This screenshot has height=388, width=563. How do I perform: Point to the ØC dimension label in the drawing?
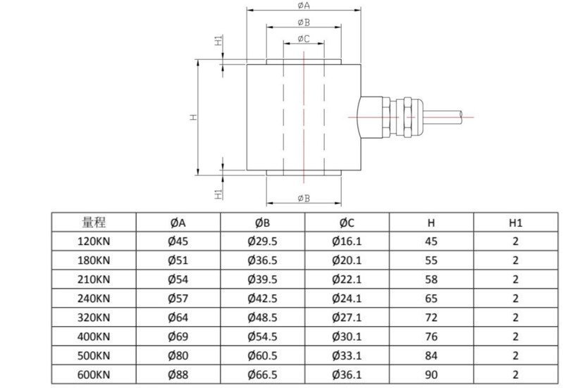(x=304, y=38)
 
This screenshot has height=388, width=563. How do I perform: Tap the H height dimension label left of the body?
(x=192, y=117)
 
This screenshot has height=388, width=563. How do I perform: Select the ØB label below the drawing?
(x=304, y=198)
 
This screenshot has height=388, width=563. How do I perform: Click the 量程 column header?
(x=94, y=223)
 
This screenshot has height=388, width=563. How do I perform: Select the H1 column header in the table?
(x=515, y=223)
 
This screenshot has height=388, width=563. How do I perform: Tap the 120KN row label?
(x=94, y=241)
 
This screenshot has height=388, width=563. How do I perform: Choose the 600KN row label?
(x=94, y=375)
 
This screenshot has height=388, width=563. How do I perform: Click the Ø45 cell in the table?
(x=178, y=241)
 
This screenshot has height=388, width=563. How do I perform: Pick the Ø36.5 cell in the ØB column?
(x=262, y=260)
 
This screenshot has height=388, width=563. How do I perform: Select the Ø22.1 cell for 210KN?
(x=346, y=279)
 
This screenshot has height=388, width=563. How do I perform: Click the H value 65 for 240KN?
(x=431, y=298)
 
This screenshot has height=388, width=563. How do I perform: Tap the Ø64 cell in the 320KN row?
(x=178, y=318)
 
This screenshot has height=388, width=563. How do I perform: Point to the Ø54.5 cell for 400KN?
(x=262, y=337)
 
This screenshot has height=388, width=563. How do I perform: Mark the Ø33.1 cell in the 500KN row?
(x=346, y=356)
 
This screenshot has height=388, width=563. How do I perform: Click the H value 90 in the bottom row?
(x=431, y=375)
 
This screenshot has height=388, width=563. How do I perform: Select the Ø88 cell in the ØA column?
(x=178, y=375)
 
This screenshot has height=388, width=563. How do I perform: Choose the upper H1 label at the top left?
(x=219, y=40)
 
